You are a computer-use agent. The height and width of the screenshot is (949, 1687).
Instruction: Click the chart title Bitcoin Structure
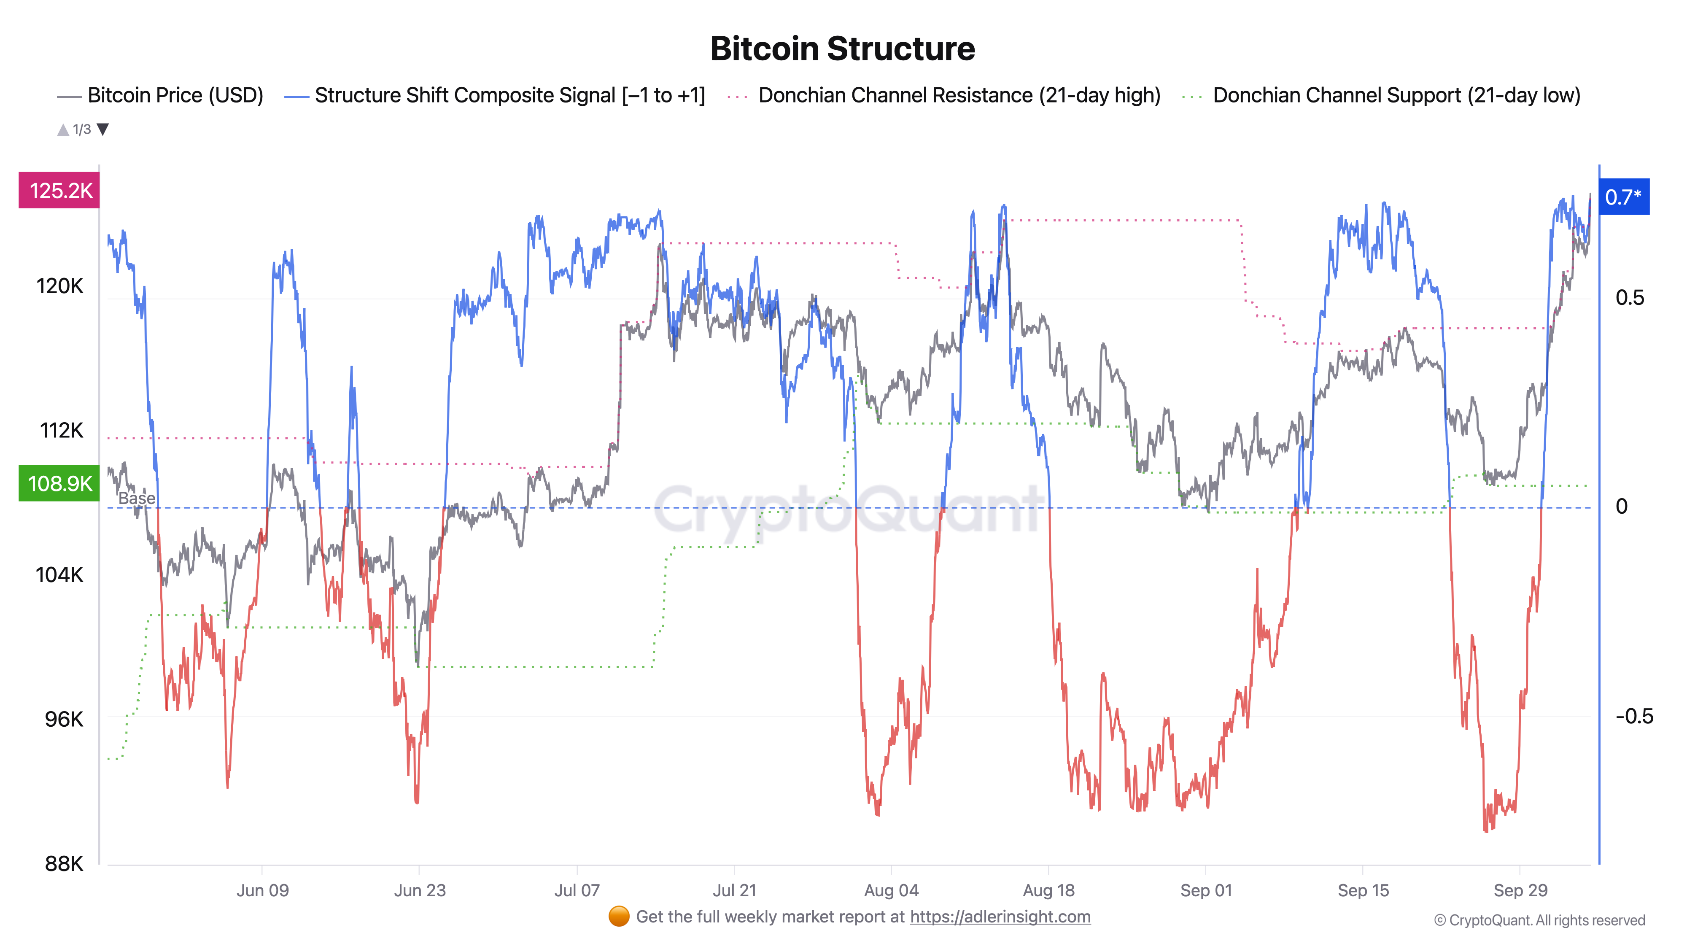[842, 49]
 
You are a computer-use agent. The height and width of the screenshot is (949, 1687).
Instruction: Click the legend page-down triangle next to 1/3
[103, 129]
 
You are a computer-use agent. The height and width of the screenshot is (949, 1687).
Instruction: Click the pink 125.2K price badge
[59, 191]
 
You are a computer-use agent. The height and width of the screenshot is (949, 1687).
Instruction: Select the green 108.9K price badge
[59, 483]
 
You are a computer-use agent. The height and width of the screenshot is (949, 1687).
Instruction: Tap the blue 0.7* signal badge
[1623, 197]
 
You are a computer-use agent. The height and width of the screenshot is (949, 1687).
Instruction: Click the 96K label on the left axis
[64, 719]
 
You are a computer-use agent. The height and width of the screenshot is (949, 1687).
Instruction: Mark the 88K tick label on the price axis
[64, 864]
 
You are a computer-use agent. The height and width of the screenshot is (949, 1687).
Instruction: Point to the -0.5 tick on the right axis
[1633, 716]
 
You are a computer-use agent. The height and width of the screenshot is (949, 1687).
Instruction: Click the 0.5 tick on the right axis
[1629, 298]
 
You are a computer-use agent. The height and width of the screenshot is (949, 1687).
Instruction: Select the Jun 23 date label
[419, 891]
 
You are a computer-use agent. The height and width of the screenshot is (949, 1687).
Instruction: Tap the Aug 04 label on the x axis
[891, 891]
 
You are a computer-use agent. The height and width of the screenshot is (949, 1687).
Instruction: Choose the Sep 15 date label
[1363, 891]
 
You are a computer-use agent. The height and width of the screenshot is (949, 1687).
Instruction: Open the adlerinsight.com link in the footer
[1000, 917]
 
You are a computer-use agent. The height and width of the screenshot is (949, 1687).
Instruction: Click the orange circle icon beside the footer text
[619, 917]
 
